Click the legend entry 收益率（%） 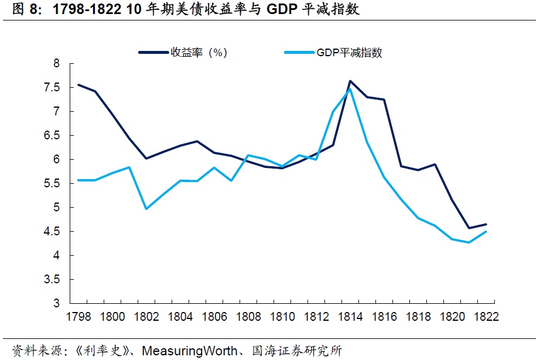click(198, 53)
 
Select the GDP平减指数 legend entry click(349, 53)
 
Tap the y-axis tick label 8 click(57, 63)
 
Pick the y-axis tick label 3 click(57, 304)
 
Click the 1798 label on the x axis click(79, 317)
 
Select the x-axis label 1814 click(350, 317)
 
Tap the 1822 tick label click(486, 317)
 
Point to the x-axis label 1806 click(214, 317)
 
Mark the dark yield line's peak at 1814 click(350, 81)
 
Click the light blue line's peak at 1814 click(350, 89)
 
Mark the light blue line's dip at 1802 click(146, 209)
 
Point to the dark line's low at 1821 click(469, 228)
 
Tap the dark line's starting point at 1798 click(78, 85)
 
